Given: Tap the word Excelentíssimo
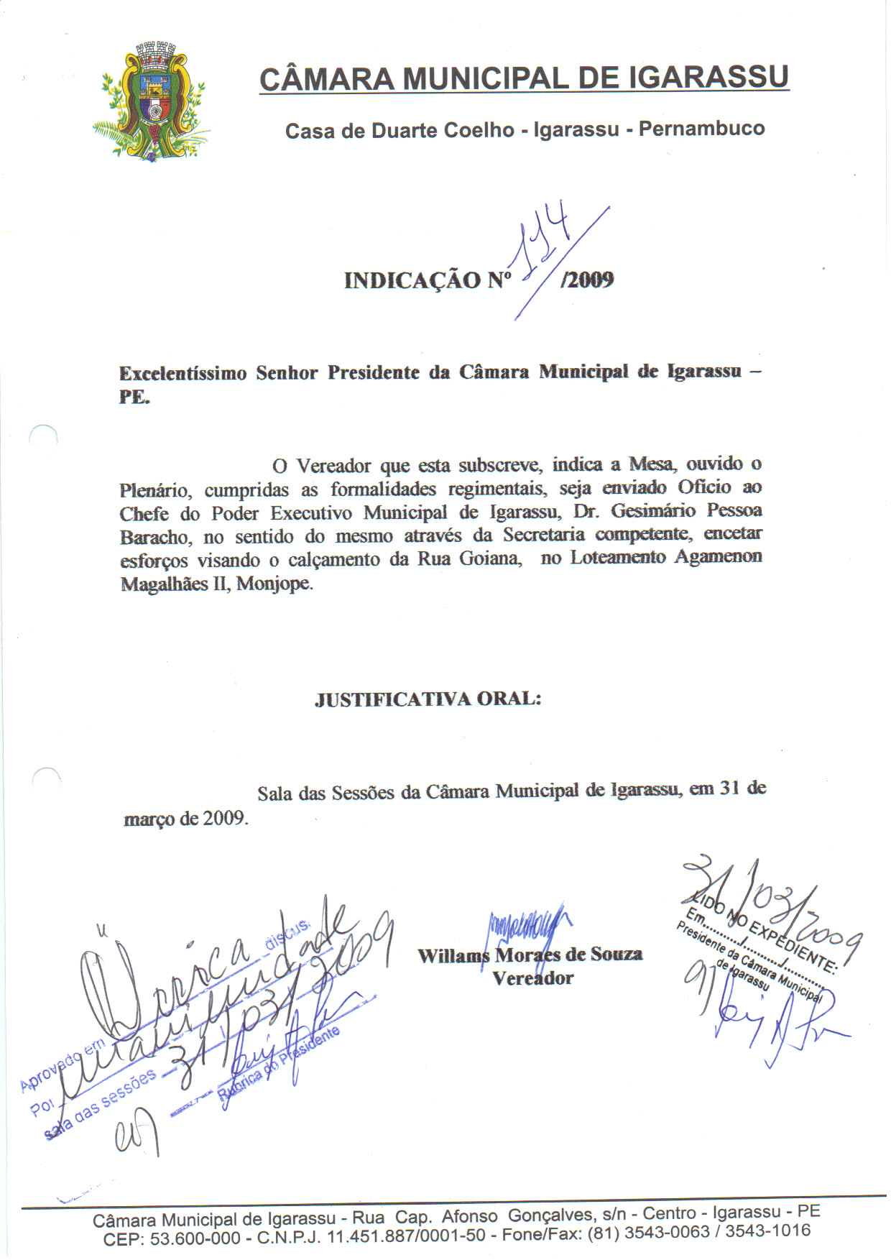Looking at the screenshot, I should coord(183,374).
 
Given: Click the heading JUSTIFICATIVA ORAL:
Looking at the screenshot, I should coord(428,699).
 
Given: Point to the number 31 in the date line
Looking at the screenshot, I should coord(729,788).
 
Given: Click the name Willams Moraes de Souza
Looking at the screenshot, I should coord(530,955).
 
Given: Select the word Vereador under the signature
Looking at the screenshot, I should coord(532,978).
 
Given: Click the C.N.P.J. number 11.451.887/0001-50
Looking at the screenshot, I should coord(406,1237).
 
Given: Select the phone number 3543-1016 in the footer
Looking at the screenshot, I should coord(767,1231).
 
